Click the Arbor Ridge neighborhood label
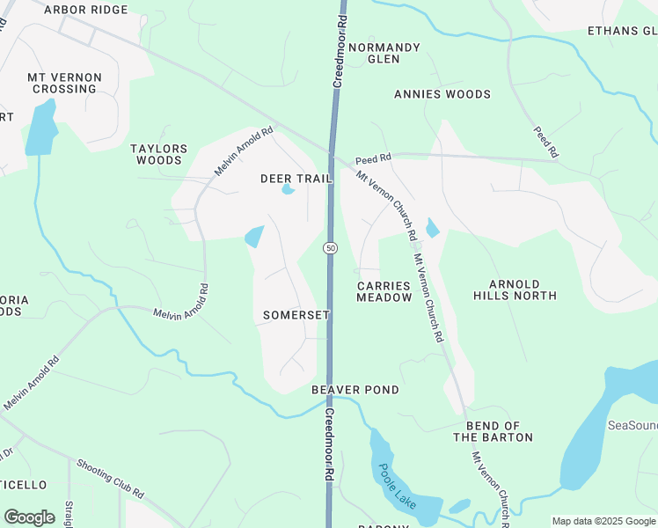(85, 10)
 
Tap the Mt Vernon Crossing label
(64, 84)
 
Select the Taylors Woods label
(158, 155)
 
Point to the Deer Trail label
(296, 179)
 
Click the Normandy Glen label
(384, 53)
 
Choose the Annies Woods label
(442, 94)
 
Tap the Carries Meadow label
(384, 292)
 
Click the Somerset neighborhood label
(296, 315)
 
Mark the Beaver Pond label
(355, 390)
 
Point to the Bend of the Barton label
(493, 431)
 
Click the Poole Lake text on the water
(397, 485)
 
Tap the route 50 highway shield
(330, 249)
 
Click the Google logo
(29, 517)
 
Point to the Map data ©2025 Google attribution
(603, 521)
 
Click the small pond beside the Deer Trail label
(287, 189)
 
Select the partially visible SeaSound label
(632, 425)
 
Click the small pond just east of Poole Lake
(459, 506)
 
